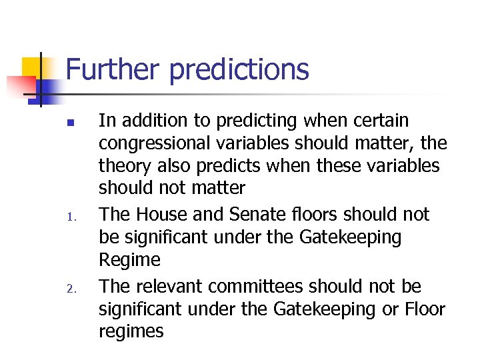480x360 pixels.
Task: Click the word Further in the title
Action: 111,69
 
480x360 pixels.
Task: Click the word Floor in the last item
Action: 423,309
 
